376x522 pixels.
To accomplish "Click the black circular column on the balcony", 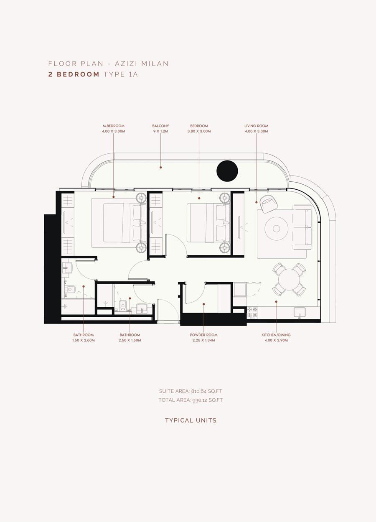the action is point(227,171).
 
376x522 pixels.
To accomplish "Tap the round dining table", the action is point(289,280).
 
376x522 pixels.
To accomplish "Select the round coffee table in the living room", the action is point(277,228).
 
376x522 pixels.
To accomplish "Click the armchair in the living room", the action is point(269,204).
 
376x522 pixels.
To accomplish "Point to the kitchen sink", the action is point(300,313).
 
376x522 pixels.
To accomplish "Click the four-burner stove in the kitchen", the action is point(252,313).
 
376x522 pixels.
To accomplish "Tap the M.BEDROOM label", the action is point(114,126).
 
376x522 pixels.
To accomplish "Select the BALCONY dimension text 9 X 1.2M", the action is point(160,131).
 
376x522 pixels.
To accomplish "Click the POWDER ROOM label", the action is point(203,335).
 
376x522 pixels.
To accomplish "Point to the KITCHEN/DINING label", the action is point(276,335).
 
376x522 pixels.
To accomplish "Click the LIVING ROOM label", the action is point(256,126).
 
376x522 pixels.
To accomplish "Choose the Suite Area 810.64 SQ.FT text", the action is point(191,391).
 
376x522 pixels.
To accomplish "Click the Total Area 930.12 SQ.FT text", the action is point(191,400).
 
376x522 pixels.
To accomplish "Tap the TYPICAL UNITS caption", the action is point(191,420).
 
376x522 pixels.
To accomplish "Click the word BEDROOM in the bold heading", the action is point(78,74).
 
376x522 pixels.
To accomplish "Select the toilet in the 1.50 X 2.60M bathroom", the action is point(70,290).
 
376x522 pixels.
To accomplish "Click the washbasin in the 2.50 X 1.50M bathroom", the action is point(142,308).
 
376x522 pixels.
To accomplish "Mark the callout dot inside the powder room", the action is point(203,304).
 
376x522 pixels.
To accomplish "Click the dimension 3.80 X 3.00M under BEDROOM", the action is point(199,131).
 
